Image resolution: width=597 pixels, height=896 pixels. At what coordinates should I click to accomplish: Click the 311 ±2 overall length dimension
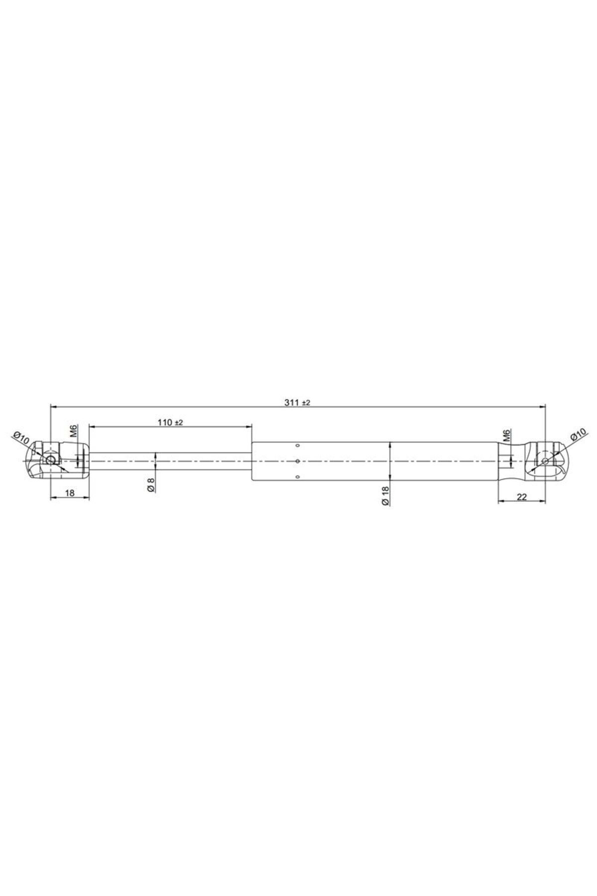(x=298, y=403)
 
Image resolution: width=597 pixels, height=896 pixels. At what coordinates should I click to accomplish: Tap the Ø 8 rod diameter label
(x=151, y=485)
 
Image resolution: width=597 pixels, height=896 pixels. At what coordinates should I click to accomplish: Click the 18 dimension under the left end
(x=70, y=493)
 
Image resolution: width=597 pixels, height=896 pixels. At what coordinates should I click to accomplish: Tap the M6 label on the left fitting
(x=73, y=431)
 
